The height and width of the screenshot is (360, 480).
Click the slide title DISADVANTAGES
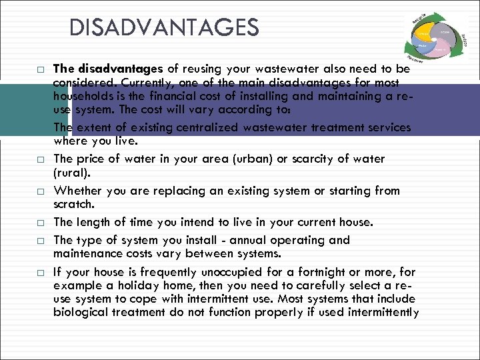point(164,28)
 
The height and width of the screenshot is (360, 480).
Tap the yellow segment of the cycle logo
point(424,32)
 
